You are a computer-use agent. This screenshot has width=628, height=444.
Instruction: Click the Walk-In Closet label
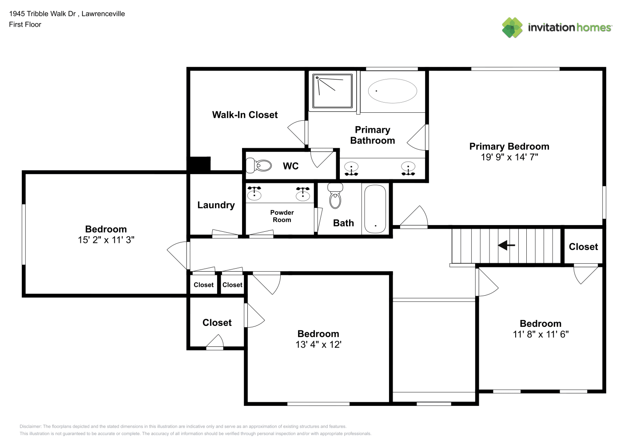(245, 115)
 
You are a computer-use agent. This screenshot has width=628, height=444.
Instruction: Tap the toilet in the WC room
(258, 165)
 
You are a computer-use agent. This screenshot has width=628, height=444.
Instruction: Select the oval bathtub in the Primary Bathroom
(392, 91)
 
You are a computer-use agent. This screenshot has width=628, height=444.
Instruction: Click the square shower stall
(332, 91)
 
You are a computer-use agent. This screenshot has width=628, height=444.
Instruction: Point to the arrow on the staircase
(506, 245)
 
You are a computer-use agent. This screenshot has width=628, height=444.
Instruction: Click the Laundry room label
(216, 205)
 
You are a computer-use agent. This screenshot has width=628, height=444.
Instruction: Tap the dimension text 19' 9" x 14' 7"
(509, 157)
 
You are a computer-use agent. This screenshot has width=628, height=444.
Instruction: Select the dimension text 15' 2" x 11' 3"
(106, 240)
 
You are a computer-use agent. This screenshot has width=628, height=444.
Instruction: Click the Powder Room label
(282, 216)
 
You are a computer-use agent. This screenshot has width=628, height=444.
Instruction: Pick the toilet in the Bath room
(335, 196)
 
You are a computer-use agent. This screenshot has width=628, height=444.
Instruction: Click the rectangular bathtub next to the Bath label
(375, 209)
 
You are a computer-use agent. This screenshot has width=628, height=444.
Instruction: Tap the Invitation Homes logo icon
(512, 28)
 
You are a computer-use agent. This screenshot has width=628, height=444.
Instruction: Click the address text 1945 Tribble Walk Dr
(42, 14)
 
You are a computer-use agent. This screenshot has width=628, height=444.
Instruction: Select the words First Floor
(25, 24)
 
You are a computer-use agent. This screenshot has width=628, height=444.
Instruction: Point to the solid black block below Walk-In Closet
(199, 164)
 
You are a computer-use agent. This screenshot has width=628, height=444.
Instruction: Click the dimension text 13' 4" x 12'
(318, 345)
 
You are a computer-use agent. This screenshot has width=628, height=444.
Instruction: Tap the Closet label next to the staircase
(583, 247)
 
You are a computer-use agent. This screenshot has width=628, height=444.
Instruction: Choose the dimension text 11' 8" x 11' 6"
(541, 334)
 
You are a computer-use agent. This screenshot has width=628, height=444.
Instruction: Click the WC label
(290, 166)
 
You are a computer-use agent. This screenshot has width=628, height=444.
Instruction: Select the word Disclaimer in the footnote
(30, 426)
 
